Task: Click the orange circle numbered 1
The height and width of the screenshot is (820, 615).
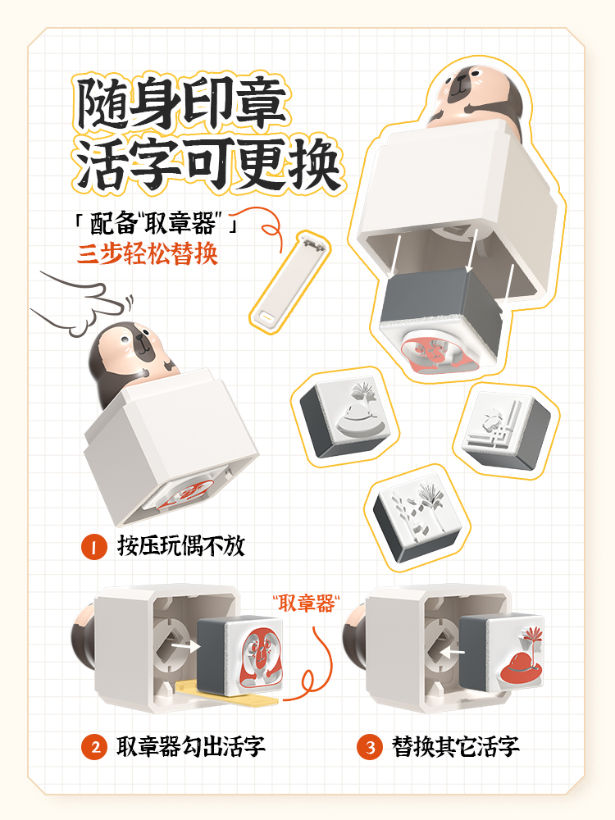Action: click(x=94, y=547)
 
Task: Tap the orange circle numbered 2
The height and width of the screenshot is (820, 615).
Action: click(x=94, y=747)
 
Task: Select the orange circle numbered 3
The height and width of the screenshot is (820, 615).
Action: click(x=370, y=747)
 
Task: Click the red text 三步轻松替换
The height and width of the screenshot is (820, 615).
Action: click(x=147, y=254)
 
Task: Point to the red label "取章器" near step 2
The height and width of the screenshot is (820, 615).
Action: click(x=307, y=604)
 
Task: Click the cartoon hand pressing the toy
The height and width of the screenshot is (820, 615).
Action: click(x=84, y=304)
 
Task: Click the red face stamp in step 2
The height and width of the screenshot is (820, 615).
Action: click(x=260, y=658)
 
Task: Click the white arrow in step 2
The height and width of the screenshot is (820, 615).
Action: click(x=186, y=646)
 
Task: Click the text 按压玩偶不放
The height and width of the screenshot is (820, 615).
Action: click(x=181, y=546)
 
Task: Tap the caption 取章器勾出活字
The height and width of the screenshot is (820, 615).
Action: click(x=191, y=747)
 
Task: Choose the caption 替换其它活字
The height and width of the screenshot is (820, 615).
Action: click(x=455, y=747)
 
